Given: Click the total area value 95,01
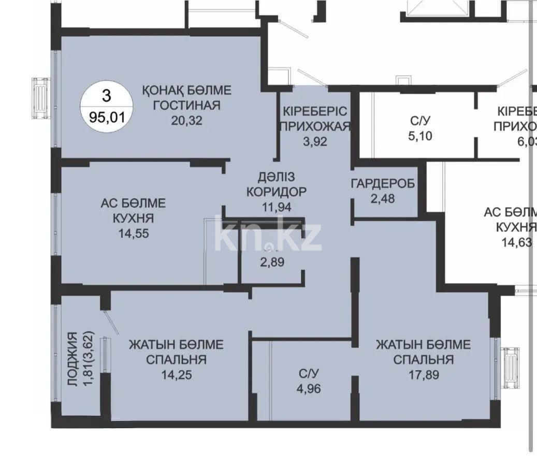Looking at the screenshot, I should click(x=107, y=116).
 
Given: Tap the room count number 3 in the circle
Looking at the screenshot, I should click(x=107, y=95).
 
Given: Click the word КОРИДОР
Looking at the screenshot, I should click(x=276, y=191).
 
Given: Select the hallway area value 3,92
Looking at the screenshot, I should click(x=315, y=141).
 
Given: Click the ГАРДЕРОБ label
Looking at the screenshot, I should click(x=383, y=184).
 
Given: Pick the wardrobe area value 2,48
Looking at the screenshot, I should click(x=383, y=198).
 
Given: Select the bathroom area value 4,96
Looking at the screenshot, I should click(x=309, y=387).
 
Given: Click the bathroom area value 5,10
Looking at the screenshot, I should click(x=420, y=136).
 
